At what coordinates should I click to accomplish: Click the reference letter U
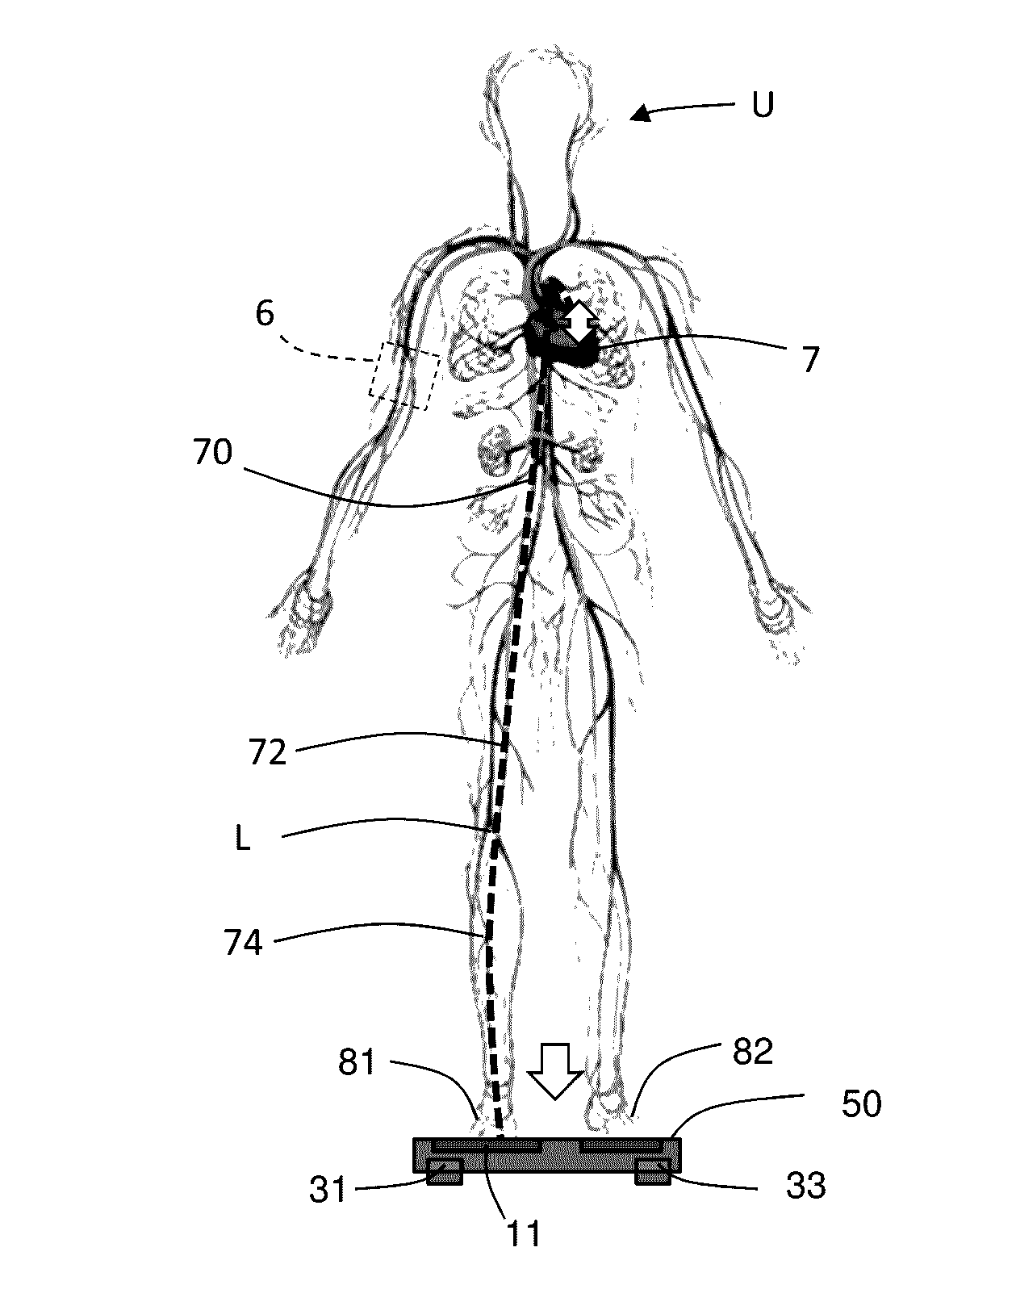click(762, 105)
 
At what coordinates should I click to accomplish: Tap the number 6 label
click(265, 313)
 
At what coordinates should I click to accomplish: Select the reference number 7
click(810, 358)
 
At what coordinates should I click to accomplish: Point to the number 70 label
click(212, 453)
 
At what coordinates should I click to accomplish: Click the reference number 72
click(268, 752)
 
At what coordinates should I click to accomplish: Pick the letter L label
click(242, 839)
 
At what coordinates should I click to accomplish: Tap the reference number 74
click(244, 942)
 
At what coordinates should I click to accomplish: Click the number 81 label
click(356, 1062)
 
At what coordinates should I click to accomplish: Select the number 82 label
click(751, 1051)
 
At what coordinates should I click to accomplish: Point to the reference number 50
click(860, 1103)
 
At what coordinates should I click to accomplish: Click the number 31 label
click(327, 1190)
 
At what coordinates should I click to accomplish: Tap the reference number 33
click(805, 1186)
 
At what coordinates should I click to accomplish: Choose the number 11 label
click(522, 1234)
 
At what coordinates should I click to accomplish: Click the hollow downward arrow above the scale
click(555, 1070)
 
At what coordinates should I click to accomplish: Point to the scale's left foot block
click(445, 1174)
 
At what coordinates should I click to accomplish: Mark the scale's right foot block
click(653, 1174)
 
